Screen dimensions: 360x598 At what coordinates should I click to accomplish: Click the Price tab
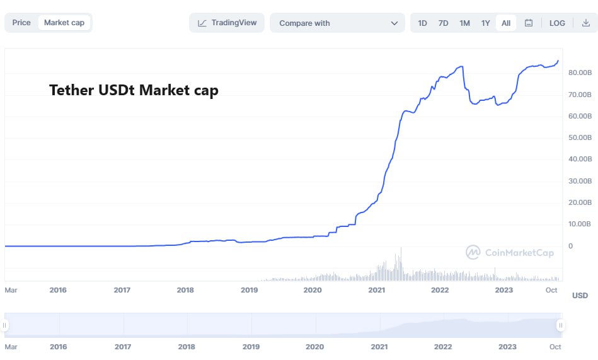21,23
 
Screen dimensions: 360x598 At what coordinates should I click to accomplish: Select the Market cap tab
64,23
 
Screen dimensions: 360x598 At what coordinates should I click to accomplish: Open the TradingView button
227,23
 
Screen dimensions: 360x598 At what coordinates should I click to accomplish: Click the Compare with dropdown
337,23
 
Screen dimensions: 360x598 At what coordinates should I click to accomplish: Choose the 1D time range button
422,23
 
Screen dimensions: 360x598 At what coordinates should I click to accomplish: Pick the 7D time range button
443,23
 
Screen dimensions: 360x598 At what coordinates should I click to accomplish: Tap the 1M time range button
464,23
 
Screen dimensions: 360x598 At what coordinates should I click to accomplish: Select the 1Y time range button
485,23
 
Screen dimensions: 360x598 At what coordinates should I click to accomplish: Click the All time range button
506,23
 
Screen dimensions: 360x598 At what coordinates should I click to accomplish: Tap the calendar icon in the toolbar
529,23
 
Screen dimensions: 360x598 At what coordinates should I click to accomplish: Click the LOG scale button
557,23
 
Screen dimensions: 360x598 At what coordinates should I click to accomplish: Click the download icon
585,23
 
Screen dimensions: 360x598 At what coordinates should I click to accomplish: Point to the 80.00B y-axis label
579,73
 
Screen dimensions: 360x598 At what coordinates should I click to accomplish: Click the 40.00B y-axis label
579,159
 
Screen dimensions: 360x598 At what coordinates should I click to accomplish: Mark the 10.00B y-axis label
579,224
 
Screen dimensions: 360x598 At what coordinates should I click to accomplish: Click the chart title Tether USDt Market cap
134,90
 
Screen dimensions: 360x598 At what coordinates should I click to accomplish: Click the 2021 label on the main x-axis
377,290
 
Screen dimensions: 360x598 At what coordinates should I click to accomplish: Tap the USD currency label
580,296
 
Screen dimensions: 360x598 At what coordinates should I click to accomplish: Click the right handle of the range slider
560,325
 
